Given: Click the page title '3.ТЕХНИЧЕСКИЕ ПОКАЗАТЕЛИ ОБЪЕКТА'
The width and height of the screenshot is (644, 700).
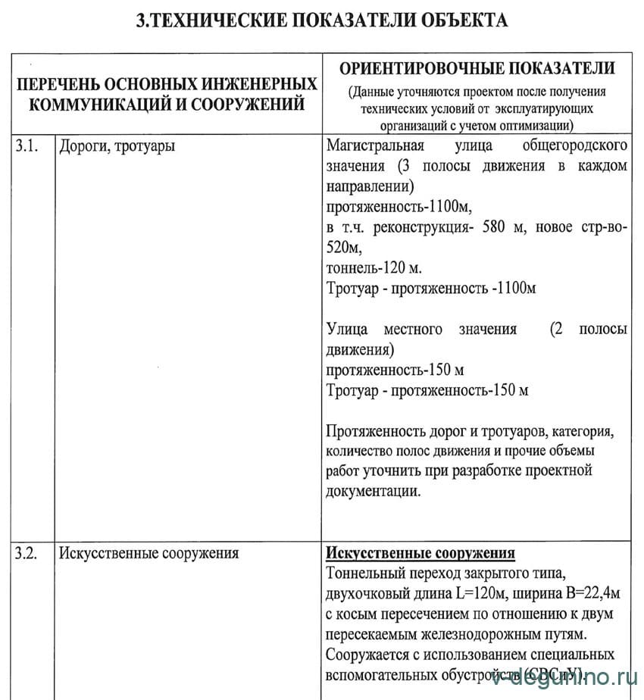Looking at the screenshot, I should coord(322,20).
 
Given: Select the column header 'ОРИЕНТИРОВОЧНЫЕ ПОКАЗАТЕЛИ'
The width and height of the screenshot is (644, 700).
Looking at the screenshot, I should coord(477,68).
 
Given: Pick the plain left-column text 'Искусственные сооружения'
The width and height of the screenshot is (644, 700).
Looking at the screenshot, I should coord(149,553).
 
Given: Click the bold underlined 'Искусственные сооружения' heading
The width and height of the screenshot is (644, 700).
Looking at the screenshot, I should coord(420,553).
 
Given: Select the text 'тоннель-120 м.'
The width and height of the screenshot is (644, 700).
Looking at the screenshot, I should coord(374,268).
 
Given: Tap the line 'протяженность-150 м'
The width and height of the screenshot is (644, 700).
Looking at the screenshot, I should coord(395,370).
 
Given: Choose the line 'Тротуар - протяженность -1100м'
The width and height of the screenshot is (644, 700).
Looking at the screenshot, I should coord(431,289).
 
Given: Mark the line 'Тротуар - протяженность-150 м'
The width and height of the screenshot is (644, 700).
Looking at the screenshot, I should coord(427,391).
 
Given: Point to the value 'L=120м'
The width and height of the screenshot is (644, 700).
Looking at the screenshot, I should coord(484,593).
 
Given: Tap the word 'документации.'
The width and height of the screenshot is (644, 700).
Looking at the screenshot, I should coord(372,491).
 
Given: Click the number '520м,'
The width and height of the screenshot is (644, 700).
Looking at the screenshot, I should coord(344,248).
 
